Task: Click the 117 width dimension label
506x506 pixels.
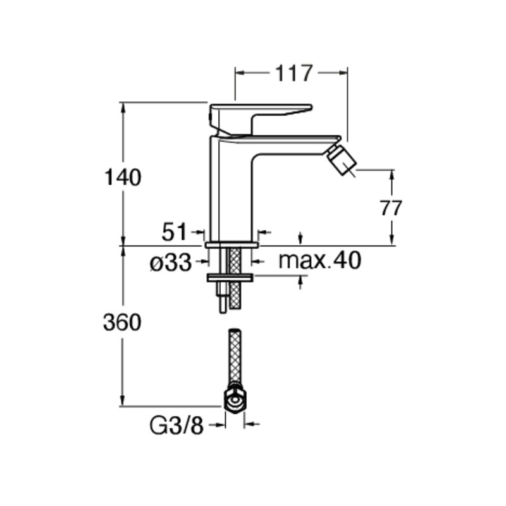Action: [x=293, y=73]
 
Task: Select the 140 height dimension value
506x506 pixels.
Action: [x=123, y=177]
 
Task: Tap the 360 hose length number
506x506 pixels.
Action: [x=122, y=322]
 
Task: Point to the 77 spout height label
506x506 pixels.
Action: [x=391, y=208]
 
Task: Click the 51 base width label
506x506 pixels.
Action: [x=175, y=231]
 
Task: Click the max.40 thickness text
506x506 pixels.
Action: [x=320, y=261]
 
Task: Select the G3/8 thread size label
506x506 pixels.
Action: [x=177, y=426]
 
